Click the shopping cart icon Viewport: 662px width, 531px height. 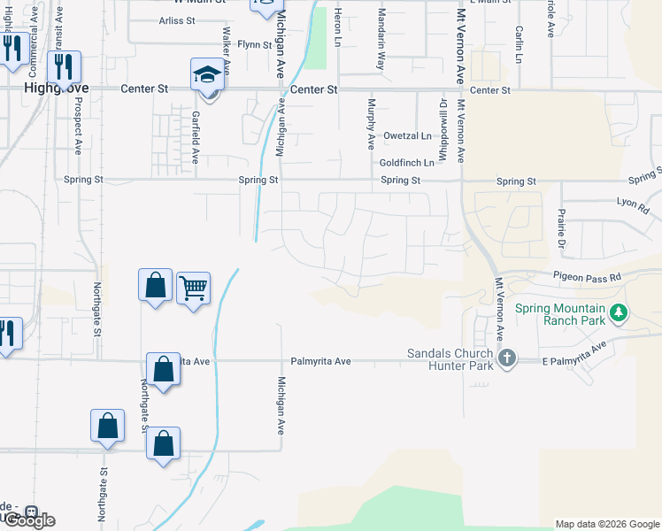click(193, 288)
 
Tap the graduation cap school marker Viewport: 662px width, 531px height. click(207, 73)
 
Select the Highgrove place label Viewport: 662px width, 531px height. click(47, 89)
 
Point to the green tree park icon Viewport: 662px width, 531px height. click(620, 312)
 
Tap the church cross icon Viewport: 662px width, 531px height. click(506, 358)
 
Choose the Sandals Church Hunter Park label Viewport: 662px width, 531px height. click(449, 358)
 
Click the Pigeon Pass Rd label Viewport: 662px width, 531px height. click(589, 277)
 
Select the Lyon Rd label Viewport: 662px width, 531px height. click(633, 206)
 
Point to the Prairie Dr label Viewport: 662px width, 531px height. click(560, 229)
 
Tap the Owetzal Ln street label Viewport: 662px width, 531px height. click(407, 135)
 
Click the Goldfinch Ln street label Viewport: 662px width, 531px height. click(406, 163)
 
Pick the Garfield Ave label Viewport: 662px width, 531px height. click(196, 138)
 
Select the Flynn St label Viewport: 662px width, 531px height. click(254, 44)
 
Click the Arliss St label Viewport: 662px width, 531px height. click(177, 20)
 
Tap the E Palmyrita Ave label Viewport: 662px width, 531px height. click(575, 355)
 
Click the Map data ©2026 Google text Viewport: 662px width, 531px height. click(607, 524)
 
